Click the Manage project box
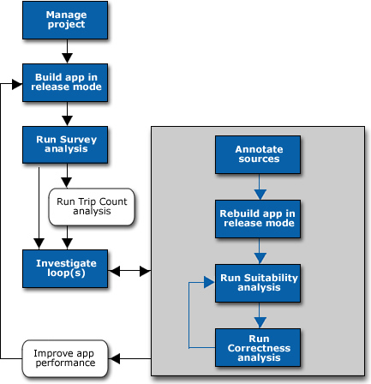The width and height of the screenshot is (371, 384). pyautogui.click(x=65, y=20)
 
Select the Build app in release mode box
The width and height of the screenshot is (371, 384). pyautogui.click(x=65, y=82)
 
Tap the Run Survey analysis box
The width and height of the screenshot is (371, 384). pyautogui.click(x=65, y=145)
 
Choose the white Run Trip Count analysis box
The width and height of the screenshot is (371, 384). pyautogui.click(x=92, y=207)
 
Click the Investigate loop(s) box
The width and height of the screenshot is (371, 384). pyautogui.click(x=65, y=268)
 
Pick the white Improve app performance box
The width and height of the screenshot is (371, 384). pyautogui.click(x=65, y=358)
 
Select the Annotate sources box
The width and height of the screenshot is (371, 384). pyautogui.click(x=258, y=154)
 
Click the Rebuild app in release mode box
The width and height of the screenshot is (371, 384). pyautogui.click(x=258, y=219)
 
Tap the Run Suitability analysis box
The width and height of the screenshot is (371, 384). pyautogui.click(x=258, y=283)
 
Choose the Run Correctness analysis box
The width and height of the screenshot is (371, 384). pyautogui.click(x=258, y=347)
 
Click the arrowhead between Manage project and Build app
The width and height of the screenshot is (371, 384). pyautogui.click(x=67, y=57)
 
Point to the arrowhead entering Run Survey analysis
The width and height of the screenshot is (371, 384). pyautogui.click(x=67, y=121)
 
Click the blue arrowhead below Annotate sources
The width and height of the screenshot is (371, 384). pyautogui.click(x=260, y=195)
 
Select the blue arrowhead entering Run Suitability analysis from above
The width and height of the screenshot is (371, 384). pyautogui.click(x=260, y=259)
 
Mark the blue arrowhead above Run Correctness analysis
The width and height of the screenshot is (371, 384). pyautogui.click(x=260, y=323)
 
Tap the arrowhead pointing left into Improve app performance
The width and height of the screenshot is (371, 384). pyautogui.click(x=115, y=358)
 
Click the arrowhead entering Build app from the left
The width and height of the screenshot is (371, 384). pyautogui.click(x=17, y=84)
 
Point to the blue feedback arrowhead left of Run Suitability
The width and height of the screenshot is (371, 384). pyautogui.click(x=209, y=282)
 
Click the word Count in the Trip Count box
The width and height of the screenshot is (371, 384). pyautogui.click(x=113, y=201)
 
